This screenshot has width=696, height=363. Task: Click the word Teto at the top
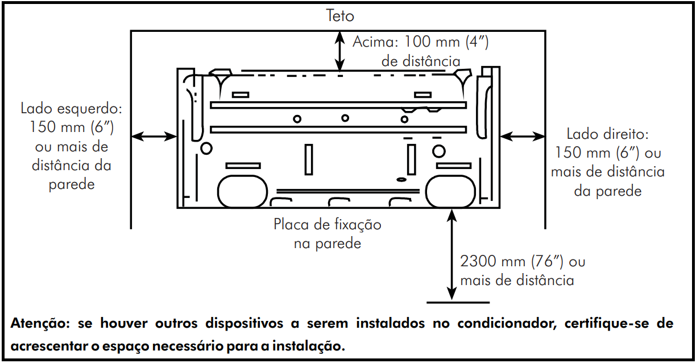pos(340,15)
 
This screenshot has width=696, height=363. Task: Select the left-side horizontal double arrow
pos(154,136)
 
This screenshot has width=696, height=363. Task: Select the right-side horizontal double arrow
pos(521,135)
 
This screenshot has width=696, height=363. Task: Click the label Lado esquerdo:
pos(72,108)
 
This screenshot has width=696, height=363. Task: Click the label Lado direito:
pos(608,134)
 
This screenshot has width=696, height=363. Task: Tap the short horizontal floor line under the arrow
pos(457,302)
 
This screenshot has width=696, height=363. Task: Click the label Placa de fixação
pos(328,224)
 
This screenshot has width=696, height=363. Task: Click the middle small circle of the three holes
pos(345,118)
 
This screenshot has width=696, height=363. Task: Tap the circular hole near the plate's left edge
pos(206,148)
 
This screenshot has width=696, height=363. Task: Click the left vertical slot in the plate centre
pos(309,159)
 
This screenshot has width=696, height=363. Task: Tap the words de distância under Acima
pos(421,61)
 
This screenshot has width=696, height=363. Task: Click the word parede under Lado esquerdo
pos(72,185)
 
